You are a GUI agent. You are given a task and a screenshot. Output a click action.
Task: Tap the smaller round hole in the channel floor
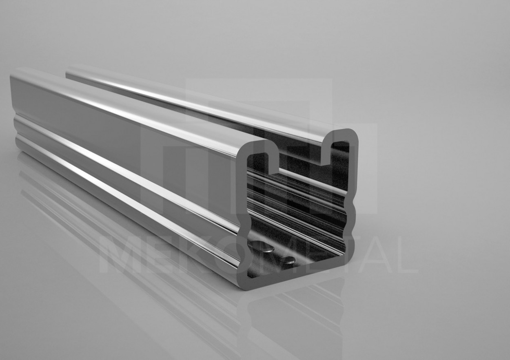click(287, 259)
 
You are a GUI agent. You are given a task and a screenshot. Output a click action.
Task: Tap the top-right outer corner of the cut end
click(355, 132)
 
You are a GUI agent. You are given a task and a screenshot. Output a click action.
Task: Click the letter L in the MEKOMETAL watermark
click(405, 257)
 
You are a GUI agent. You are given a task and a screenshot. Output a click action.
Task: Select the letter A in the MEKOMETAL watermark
click(373, 257)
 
